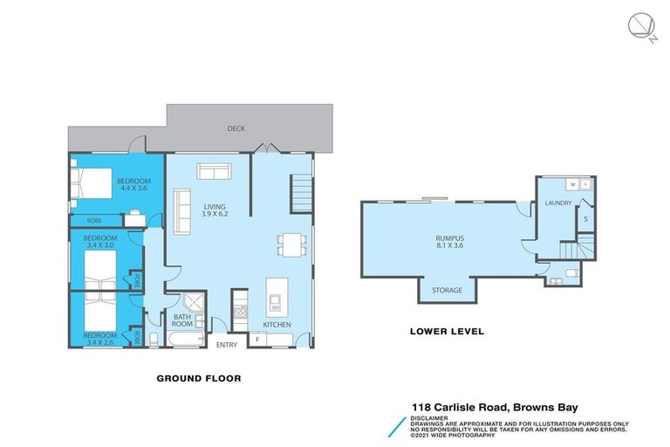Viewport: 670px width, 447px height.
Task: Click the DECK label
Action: click(x=236, y=128)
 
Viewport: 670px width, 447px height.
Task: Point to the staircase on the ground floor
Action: click(x=300, y=192)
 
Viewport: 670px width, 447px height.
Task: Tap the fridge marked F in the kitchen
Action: click(x=257, y=338)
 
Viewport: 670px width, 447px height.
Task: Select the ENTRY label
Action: click(x=226, y=345)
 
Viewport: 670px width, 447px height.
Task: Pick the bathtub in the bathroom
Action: click(x=183, y=336)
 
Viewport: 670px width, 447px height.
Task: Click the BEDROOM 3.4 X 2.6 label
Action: click(x=99, y=338)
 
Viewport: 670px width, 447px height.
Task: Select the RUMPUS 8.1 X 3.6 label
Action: click(x=448, y=240)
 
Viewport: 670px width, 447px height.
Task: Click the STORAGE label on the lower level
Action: click(x=447, y=290)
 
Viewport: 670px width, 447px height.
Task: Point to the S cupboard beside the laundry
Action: click(x=585, y=219)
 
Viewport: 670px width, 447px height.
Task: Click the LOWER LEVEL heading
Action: click(x=447, y=332)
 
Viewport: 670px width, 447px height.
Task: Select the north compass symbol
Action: click(x=640, y=27)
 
